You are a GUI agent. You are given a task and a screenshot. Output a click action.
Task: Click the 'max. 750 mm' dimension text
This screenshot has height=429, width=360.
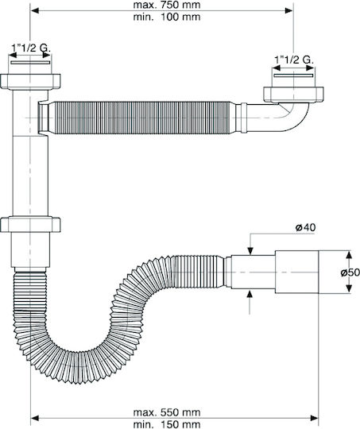tap(167, 5)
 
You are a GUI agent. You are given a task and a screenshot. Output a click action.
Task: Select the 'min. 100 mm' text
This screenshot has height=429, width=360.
tap(167, 17)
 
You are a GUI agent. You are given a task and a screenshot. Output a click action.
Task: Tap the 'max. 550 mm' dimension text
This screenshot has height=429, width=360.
tap(167, 412)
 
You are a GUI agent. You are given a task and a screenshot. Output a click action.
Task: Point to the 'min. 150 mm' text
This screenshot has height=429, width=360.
tap(167, 424)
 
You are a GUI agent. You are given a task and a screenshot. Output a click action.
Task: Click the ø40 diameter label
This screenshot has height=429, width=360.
tap(305, 227)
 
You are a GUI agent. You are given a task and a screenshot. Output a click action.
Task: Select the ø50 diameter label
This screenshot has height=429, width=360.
tap(350, 272)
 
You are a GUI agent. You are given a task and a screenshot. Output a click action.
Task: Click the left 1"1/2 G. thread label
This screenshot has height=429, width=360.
tap(31, 48)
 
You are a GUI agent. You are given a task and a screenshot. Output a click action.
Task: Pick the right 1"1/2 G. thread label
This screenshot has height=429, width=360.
tap(294, 60)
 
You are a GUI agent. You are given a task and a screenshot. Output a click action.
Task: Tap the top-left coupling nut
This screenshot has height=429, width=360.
tap(30, 81)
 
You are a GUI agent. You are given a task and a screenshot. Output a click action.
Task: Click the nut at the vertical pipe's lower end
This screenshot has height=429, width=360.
tap(30, 224)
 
